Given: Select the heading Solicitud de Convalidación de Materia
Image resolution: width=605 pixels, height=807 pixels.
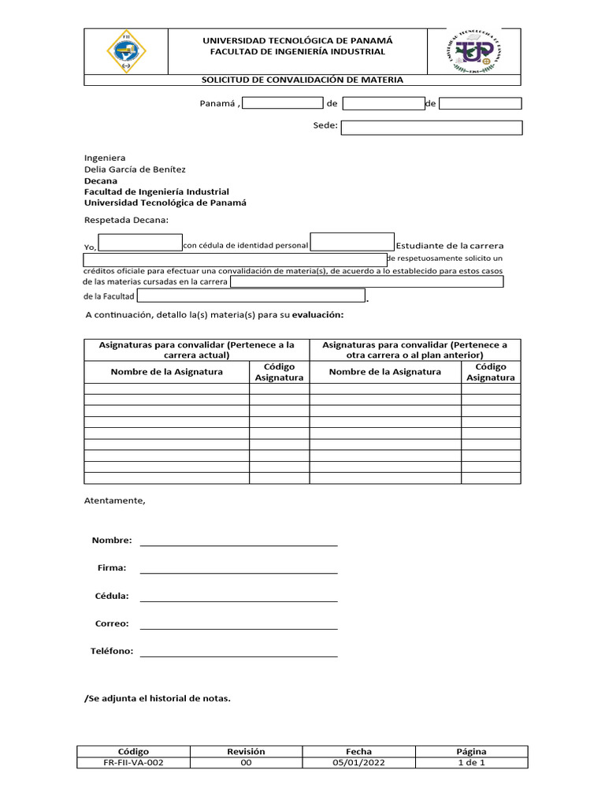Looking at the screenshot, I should (302, 80).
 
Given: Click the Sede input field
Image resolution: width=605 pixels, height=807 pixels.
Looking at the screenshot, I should (431, 128).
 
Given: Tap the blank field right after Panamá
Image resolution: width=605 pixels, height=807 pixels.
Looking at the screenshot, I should (282, 103).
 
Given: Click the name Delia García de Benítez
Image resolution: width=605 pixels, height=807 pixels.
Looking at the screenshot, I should (135, 169).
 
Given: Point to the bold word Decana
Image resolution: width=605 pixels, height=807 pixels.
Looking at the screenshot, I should (100, 180).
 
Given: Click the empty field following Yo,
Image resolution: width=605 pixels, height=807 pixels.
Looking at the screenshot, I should (140, 243).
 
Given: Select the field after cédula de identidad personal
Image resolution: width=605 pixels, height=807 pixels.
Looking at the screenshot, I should (352, 242).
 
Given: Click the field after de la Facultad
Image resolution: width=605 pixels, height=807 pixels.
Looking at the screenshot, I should (251, 296).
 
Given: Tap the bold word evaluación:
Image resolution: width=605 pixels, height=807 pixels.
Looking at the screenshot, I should (318, 315).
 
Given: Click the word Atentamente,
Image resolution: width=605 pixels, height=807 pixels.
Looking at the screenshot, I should (115, 500).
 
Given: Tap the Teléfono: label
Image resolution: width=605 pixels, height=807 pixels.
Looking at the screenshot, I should (112, 652).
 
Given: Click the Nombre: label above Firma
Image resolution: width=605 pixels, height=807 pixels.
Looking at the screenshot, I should (112, 541).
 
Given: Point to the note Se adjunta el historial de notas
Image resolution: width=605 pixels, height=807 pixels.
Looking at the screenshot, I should (158, 698).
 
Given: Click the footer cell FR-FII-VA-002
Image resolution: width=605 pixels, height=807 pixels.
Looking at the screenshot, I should (133, 763).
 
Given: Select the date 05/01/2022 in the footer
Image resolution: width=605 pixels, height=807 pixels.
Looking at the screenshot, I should (358, 763).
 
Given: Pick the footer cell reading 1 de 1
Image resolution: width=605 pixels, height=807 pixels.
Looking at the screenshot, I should (471, 763).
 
